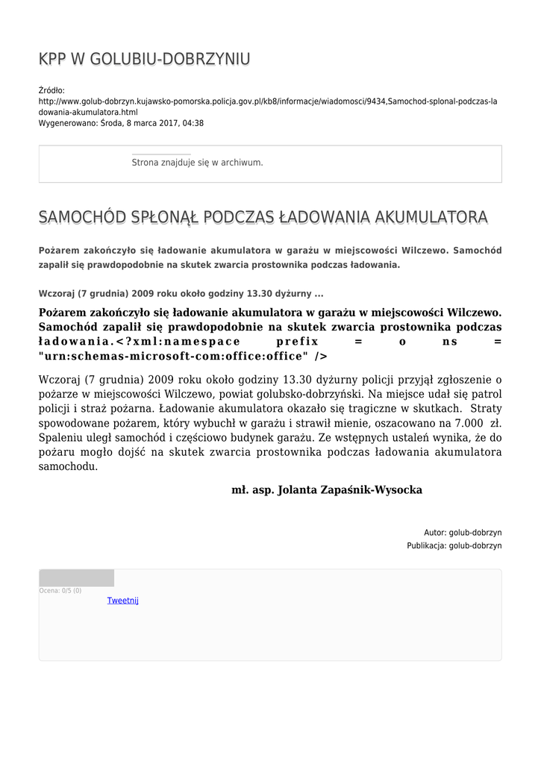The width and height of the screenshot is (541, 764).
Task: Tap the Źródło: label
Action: (x=52, y=91)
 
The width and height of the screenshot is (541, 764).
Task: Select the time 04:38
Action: (x=193, y=124)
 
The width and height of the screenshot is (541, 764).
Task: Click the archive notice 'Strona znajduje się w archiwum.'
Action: (x=197, y=163)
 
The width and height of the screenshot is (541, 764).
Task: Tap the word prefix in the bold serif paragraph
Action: (x=287, y=341)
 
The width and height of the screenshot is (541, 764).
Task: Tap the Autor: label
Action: (x=435, y=533)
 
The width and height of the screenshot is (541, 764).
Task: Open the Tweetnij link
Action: (x=122, y=601)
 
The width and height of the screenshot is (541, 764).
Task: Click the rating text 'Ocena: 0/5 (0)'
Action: (x=60, y=591)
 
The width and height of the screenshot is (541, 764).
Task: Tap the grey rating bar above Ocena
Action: (x=76, y=578)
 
